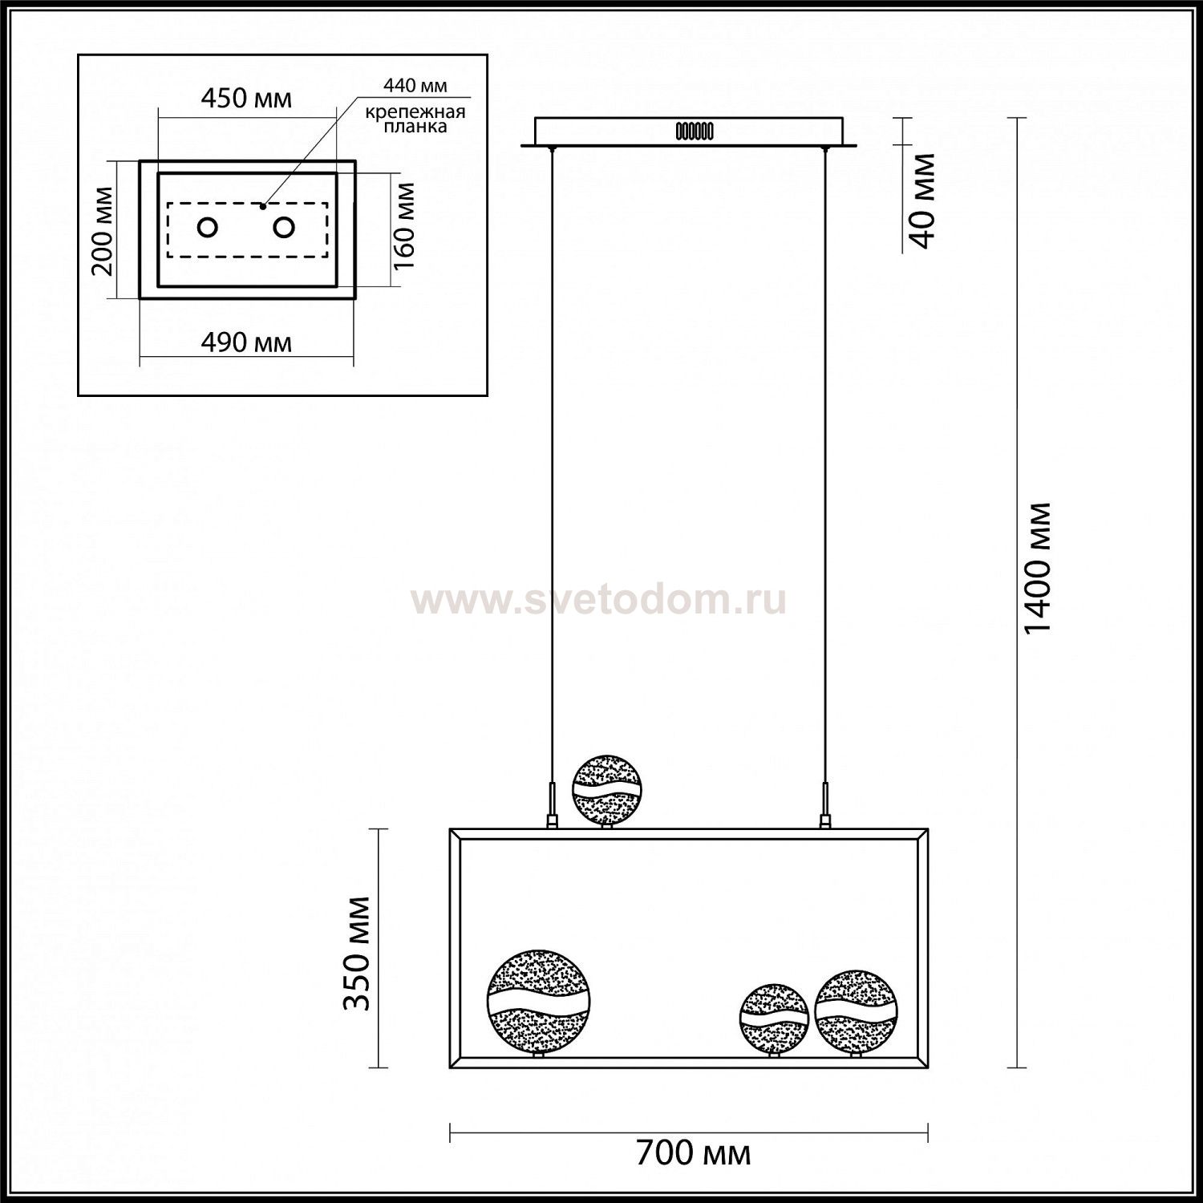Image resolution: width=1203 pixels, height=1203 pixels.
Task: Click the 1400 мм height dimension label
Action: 1039,569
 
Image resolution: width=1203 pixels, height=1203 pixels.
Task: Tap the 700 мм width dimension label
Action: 694,1153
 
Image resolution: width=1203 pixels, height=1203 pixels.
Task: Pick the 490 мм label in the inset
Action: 245,342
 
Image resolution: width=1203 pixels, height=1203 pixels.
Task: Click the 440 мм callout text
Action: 415,85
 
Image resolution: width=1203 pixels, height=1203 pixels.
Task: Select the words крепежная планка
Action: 415,119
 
